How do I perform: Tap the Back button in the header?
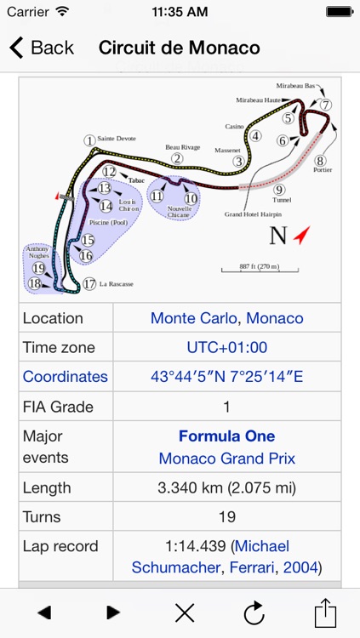pyautogui.click(x=42, y=48)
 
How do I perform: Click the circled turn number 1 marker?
pyautogui.click(x=89, y=140)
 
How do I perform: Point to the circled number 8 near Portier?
pyautogui.click(x=320, y=160)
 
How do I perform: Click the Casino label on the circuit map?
pyautogui.click(x=234, y=126)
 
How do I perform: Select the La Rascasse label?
pyautogui.click(x=116, y=284)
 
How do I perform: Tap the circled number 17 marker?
pyautogui.click(x=89, y=284)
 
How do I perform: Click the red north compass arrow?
pyautogui.click(x=301, y=235)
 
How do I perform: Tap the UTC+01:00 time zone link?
pyautogui.click(x=226, y=347)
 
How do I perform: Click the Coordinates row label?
pyautogui.click(x=66, y=376)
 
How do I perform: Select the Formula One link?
pyautogui.click(x=226, y=436)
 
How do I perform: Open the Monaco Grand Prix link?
pyautogui.click(x=226, y=458)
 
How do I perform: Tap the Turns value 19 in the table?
pyautogui.click(x=226, y=516)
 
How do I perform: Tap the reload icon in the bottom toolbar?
pyautogui.click(x=254, y=612)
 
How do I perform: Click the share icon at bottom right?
pyautogui.click(x=326, y=612)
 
